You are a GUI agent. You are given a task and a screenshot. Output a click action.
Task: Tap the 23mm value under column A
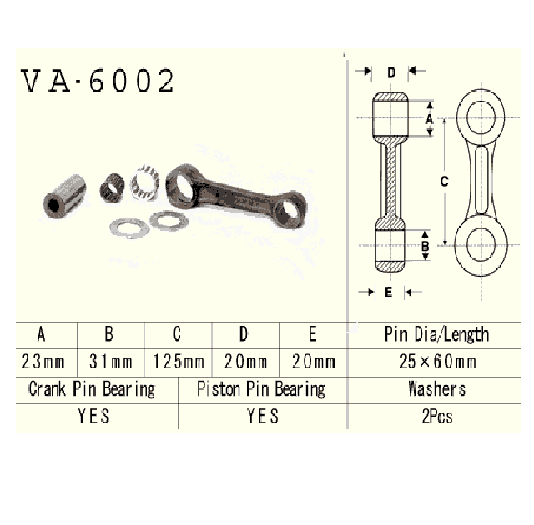point(41,362)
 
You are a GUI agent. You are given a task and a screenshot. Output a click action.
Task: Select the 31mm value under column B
point(108,362)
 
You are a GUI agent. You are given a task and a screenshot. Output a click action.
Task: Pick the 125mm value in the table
point(178,362)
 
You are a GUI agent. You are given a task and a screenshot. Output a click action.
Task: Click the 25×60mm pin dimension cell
point(436,362)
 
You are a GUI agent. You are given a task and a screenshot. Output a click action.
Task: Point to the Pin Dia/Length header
point(436,335)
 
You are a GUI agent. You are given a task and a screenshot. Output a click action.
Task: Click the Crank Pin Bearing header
point(92,389)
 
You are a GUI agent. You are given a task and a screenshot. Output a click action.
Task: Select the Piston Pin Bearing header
point(261,389)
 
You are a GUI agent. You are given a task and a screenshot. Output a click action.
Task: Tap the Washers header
point(437,389)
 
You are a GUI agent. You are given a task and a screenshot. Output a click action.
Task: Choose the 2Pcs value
point(437,416)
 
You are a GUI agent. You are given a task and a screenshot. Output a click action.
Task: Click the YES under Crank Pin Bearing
point(93,416)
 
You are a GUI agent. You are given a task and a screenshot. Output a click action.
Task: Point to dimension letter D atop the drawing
point(390,72)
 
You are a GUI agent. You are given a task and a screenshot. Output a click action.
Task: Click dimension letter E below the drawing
point(389,292)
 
